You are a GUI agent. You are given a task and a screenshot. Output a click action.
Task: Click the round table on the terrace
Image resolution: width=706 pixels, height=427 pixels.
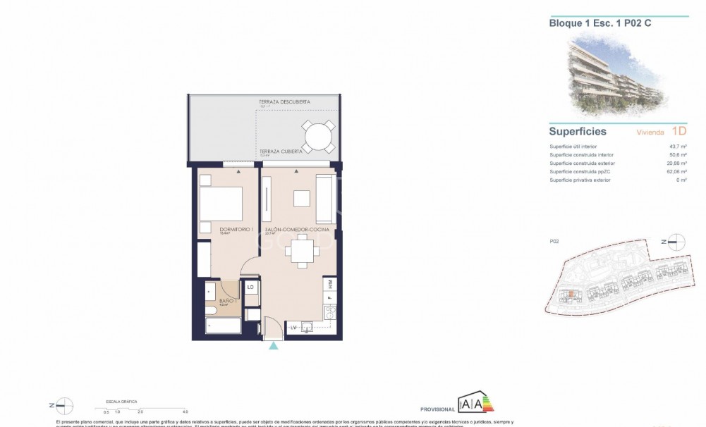(x=318, y=135)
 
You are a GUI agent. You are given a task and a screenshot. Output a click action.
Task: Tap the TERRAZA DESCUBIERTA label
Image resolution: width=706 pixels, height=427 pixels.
(x=284, y=102)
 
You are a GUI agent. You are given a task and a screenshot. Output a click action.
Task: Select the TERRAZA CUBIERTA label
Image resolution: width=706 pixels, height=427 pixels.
(x=281, y=151)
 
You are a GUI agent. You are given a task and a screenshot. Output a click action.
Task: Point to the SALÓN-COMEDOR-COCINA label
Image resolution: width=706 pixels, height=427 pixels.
(x=287, y=229)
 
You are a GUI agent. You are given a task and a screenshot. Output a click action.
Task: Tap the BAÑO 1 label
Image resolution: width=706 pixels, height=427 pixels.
(x=226, y=301)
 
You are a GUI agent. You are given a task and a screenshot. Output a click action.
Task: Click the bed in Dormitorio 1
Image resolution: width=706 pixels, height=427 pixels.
(x=221, y=204)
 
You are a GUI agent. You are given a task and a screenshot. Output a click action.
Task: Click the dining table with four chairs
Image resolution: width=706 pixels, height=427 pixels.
(x=302, y=251)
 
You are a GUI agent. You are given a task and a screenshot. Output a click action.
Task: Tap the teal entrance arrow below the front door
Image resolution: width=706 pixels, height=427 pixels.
(x=274, y=345)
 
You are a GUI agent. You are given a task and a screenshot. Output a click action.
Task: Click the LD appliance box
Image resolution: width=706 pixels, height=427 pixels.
(x=250, y=287)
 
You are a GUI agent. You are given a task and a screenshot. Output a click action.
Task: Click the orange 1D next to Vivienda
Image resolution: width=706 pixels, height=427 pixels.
(x=678, y=131)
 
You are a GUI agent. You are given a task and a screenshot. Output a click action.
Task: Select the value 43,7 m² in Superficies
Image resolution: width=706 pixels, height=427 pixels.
(x=678, y=147)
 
